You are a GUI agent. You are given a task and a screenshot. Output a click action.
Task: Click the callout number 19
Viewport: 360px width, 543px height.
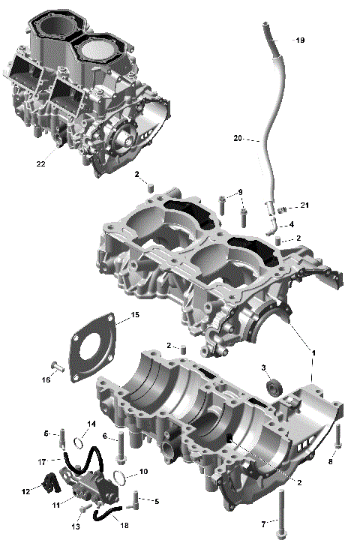pos(301,40)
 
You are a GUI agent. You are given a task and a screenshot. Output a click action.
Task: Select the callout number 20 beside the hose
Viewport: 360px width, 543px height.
pos(237,139)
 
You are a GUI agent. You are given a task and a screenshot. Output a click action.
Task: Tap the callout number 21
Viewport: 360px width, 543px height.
pos(304,205)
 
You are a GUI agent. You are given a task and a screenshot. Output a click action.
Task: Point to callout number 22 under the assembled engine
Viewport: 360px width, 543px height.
pos(40,163)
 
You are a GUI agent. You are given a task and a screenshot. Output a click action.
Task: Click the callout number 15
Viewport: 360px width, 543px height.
pos(135,316)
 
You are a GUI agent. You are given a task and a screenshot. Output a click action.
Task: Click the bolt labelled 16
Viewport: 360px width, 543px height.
pos(56,367)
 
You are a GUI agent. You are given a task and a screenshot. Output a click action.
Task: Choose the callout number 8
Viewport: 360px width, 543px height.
pos(331,462)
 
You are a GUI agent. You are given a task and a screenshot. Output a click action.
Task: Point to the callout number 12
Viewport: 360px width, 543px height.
pos(25,492)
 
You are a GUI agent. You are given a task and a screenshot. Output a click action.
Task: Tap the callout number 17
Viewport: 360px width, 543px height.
pos(43,460)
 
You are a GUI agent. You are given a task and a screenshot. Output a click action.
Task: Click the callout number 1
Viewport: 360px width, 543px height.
pos(313,352)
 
